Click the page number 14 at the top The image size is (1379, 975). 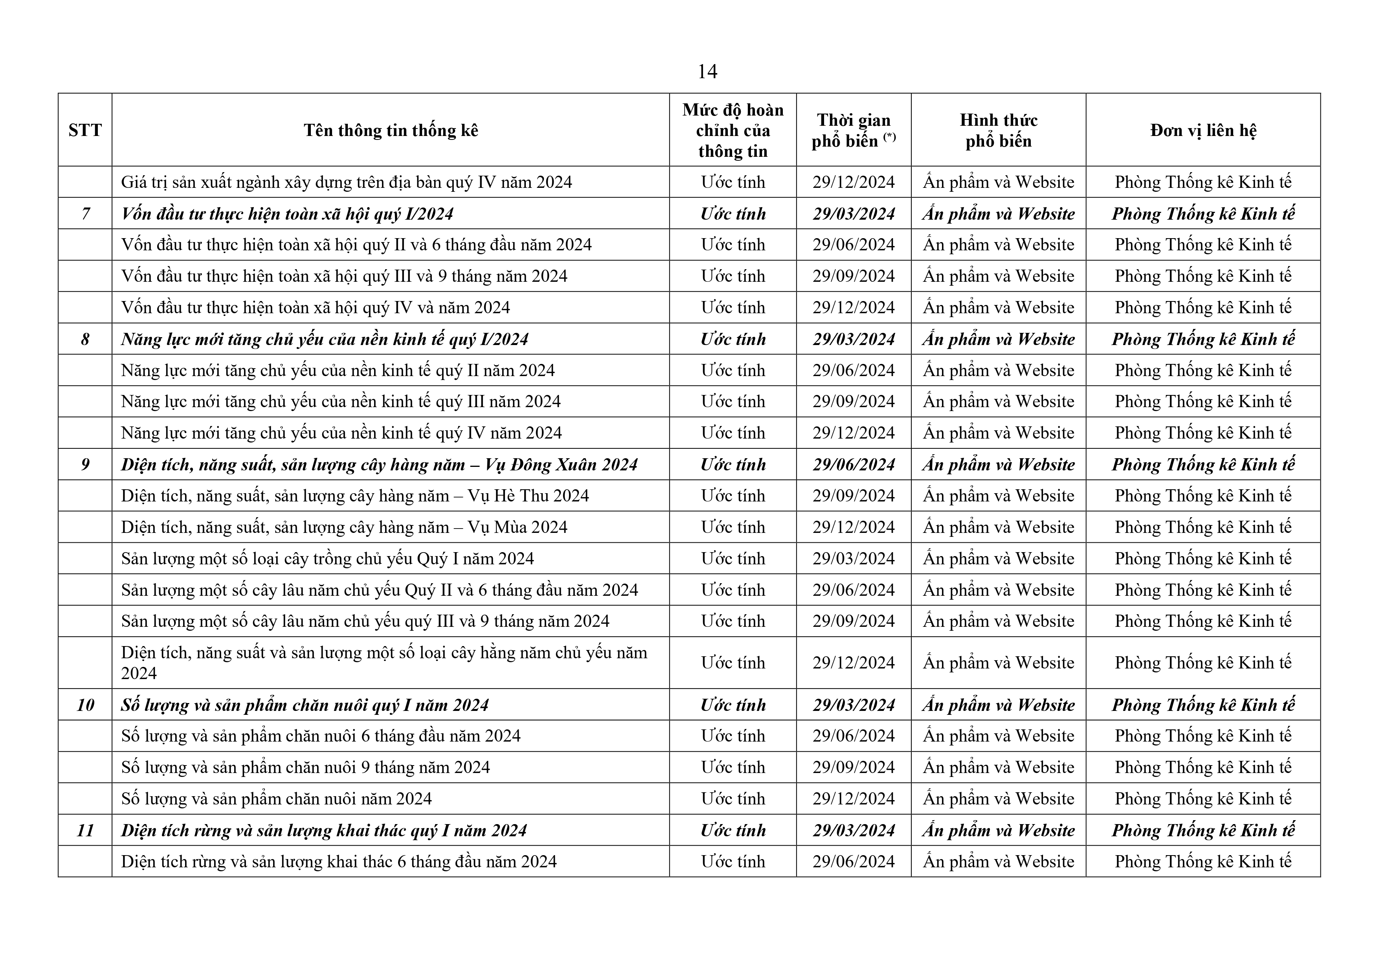(x=707, y=72)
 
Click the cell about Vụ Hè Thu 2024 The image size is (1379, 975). (x=354, y=496)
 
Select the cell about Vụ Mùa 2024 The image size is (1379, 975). (x=343, y=527)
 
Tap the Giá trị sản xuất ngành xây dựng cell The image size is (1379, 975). (x=346, y=182)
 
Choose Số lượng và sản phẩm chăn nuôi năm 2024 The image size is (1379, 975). (x=276, y=799)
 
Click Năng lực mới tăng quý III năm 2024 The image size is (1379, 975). (x=341, y=401)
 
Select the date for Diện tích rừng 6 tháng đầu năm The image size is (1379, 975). (x=854, y=861)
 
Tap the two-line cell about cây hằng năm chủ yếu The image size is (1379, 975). (x=384, y=663)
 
